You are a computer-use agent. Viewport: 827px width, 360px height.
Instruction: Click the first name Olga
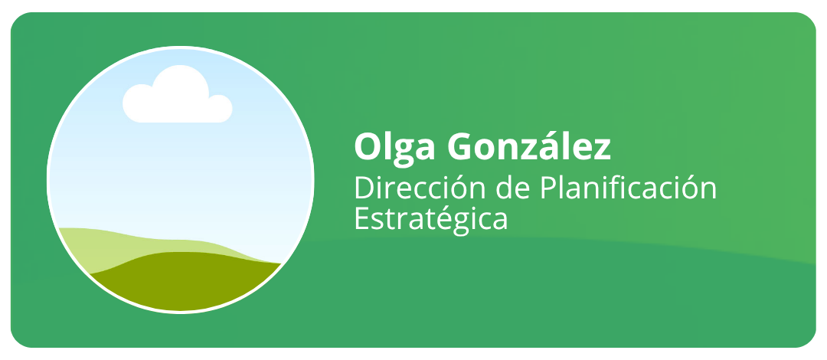click(394, 149)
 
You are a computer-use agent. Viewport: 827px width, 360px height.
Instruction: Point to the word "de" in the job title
click(515, 188)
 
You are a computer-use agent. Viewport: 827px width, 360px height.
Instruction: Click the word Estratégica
click(431, 218)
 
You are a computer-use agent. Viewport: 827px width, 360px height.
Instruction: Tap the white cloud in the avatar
click(177, 94)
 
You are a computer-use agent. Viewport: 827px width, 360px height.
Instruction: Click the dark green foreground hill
click(185, 280)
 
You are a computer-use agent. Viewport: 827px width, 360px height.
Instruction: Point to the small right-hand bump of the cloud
click(221, 106)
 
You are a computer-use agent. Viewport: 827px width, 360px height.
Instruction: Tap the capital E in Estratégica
click(361, 219)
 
